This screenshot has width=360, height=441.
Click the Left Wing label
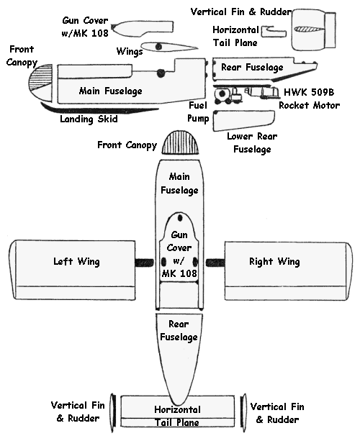pyautogui.click(x=76, y=261)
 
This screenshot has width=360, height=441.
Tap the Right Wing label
pyautogui.click(x=274, y=261)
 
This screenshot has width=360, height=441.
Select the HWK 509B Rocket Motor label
pyautogui.click(x=309, y=99)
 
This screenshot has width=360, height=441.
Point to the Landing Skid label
pyautogui.click(x=89, y=119)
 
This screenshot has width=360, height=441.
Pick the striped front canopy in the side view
pyautogui.click(x=40, y=82)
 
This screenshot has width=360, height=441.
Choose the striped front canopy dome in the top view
pyautogui.click(x=180, y=142)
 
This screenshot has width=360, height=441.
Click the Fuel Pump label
pyautogui.click(x=198, y=112)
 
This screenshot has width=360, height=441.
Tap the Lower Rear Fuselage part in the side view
pyautogui.click(x=243, y=120)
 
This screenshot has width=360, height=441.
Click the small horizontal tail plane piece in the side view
pyautogui.click(x=274, y=32)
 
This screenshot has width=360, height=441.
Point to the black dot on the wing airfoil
pyautogui.click(x=158, y=47)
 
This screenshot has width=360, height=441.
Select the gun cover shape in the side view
pyautogui.click(x=142, y=28)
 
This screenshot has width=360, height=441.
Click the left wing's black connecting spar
pyautogui.click(x=145, y=263)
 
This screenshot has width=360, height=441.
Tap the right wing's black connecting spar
pyautogui.click(x=215, y=263)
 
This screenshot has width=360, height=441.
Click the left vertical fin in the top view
pyautogui.click(x=113, y=413)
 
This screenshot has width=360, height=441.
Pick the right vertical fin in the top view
pyautogui.click(x=243, y=413)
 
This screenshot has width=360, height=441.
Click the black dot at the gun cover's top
pyautogui.click(x=180, y=218)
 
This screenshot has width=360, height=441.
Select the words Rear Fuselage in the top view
pyautogui.click(x=179, y=330)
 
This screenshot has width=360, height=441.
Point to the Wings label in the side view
pyautogui.click(x=130, y=52)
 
